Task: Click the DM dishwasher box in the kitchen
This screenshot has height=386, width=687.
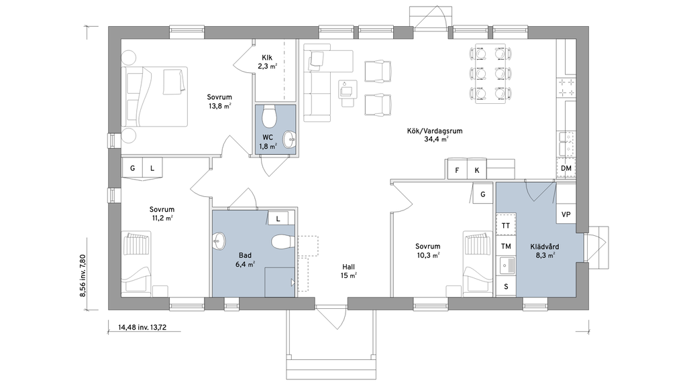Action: tap(566, 168)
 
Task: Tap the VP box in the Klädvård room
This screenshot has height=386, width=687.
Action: tap(566, 214)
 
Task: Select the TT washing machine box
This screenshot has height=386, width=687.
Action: tap(506, 225)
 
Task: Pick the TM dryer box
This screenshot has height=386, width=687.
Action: tap(506, 246)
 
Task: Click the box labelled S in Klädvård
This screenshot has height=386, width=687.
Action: tap(506, 287)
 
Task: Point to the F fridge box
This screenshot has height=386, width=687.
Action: tap(457, 170)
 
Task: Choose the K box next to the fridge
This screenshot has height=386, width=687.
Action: tap(477, 170)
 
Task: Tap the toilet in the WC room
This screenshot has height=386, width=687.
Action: tap(268, 116)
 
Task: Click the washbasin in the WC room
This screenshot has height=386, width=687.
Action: tap(289, 139)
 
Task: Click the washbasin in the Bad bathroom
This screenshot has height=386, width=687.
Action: tap(219, 241)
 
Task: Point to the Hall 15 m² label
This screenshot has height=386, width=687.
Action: tap(349, 271)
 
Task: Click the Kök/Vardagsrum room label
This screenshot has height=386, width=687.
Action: tap(435, 131)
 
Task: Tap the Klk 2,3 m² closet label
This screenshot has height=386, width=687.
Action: tap(267, 62)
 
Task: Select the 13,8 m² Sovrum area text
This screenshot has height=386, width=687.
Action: tap(219, 106)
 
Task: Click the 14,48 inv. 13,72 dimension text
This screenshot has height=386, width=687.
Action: tap(142, 326)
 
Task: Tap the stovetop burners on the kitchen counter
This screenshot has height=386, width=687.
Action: tap(566, 88)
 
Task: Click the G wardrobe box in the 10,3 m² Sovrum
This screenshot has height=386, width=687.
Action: tap(483, 194)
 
